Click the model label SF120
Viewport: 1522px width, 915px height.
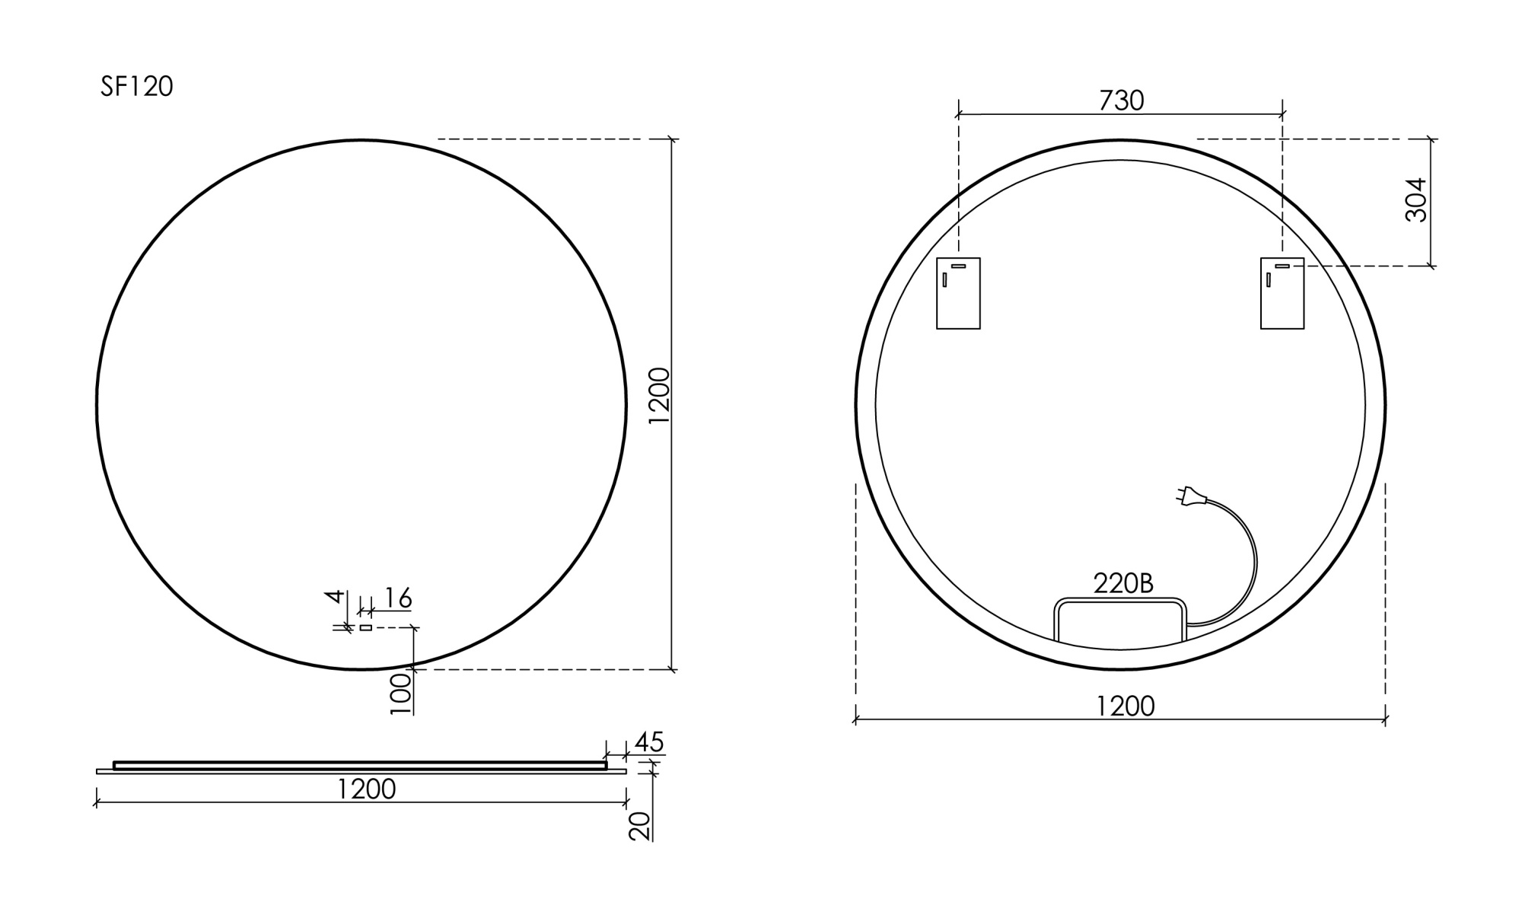pos(137,87)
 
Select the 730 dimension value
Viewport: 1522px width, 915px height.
pos(1121,100)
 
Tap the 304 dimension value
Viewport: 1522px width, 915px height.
pos(1415,199)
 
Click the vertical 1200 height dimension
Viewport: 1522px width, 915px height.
pos(659,396)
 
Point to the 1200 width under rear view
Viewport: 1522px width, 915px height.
pos(1125,706)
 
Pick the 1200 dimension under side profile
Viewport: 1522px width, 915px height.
pos(366,789)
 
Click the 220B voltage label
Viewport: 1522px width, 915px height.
pos(1123,583)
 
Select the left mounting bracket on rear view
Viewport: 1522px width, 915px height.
pos(958,294)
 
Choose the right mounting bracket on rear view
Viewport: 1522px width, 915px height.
pos(1282,294)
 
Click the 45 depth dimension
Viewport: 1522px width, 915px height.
pos(649,742)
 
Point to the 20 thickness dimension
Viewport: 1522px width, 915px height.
pos(641,825)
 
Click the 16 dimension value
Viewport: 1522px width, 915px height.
pos(397,598)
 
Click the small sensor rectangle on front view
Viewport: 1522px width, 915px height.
pos(366,627)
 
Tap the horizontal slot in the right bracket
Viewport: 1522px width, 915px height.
pos(1283,266)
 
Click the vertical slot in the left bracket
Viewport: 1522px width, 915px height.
pos(944,279)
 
